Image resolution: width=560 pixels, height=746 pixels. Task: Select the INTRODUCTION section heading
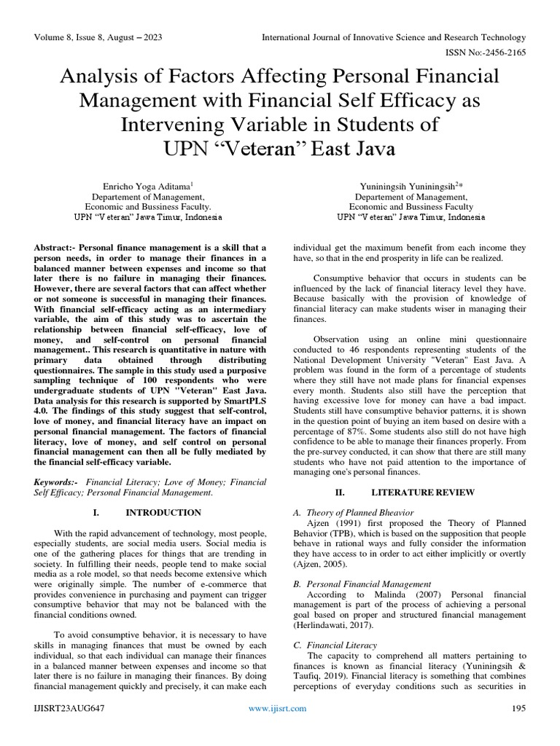161,512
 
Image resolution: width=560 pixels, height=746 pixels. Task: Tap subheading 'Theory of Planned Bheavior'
359,513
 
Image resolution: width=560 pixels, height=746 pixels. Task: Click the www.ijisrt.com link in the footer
278,707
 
